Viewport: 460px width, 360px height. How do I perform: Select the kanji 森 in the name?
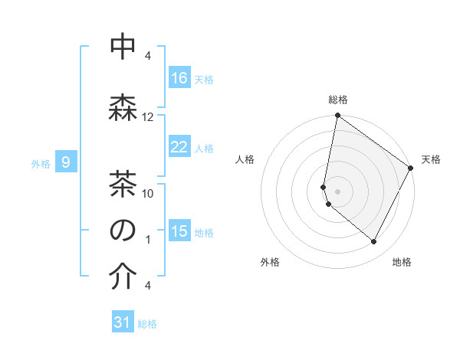pos(123,106)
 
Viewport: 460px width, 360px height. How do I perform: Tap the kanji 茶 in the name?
pos(123,182)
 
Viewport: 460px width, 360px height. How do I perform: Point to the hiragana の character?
pos(123,230)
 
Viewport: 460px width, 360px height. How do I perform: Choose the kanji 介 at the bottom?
pos(123,277)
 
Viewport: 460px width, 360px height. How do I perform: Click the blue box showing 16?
pos(179,78)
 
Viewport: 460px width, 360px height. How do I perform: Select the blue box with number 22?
pos(179,148)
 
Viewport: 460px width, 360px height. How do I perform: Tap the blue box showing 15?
pos(179,231)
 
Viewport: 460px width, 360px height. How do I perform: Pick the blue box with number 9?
pos(67,162)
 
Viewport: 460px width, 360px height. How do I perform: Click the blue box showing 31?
pos(123,322)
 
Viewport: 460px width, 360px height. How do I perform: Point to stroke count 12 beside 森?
pos(148,117)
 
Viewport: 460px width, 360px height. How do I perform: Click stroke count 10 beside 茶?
pos(148,193)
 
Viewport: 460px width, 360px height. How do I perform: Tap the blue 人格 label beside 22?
pos(204,149)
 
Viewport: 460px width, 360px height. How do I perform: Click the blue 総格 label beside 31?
pos(147,324)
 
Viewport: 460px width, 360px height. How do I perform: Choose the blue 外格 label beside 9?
pos(41,163)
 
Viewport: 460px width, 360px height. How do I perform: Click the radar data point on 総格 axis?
pos(337,116)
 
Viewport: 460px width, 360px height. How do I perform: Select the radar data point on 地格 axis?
pos(374,242)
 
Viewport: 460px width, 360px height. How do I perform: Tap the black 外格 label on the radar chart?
pos(270,262)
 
